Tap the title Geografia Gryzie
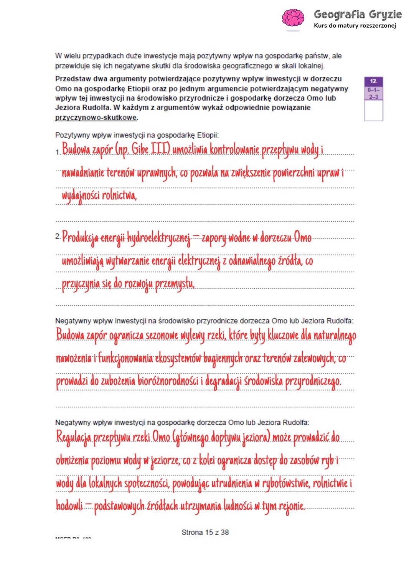pyautogui.click(x=358, y=15)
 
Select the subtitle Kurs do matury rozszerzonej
pyautogui.click(x=355, y=26)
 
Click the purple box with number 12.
pyautogui.click(x=374, y=81)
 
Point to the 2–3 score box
pyautogui.click(x=374, y=97)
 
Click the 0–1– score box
pyautogui.click(x=374, y=90)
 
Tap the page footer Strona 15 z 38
pyautogui.click(x=205, y=532)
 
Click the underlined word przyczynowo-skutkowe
pyautogui.click(x=96, y=118)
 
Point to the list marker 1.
pyautogui.click(x=58, y=152)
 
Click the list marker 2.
pyautogui.click(x=58, y=236)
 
